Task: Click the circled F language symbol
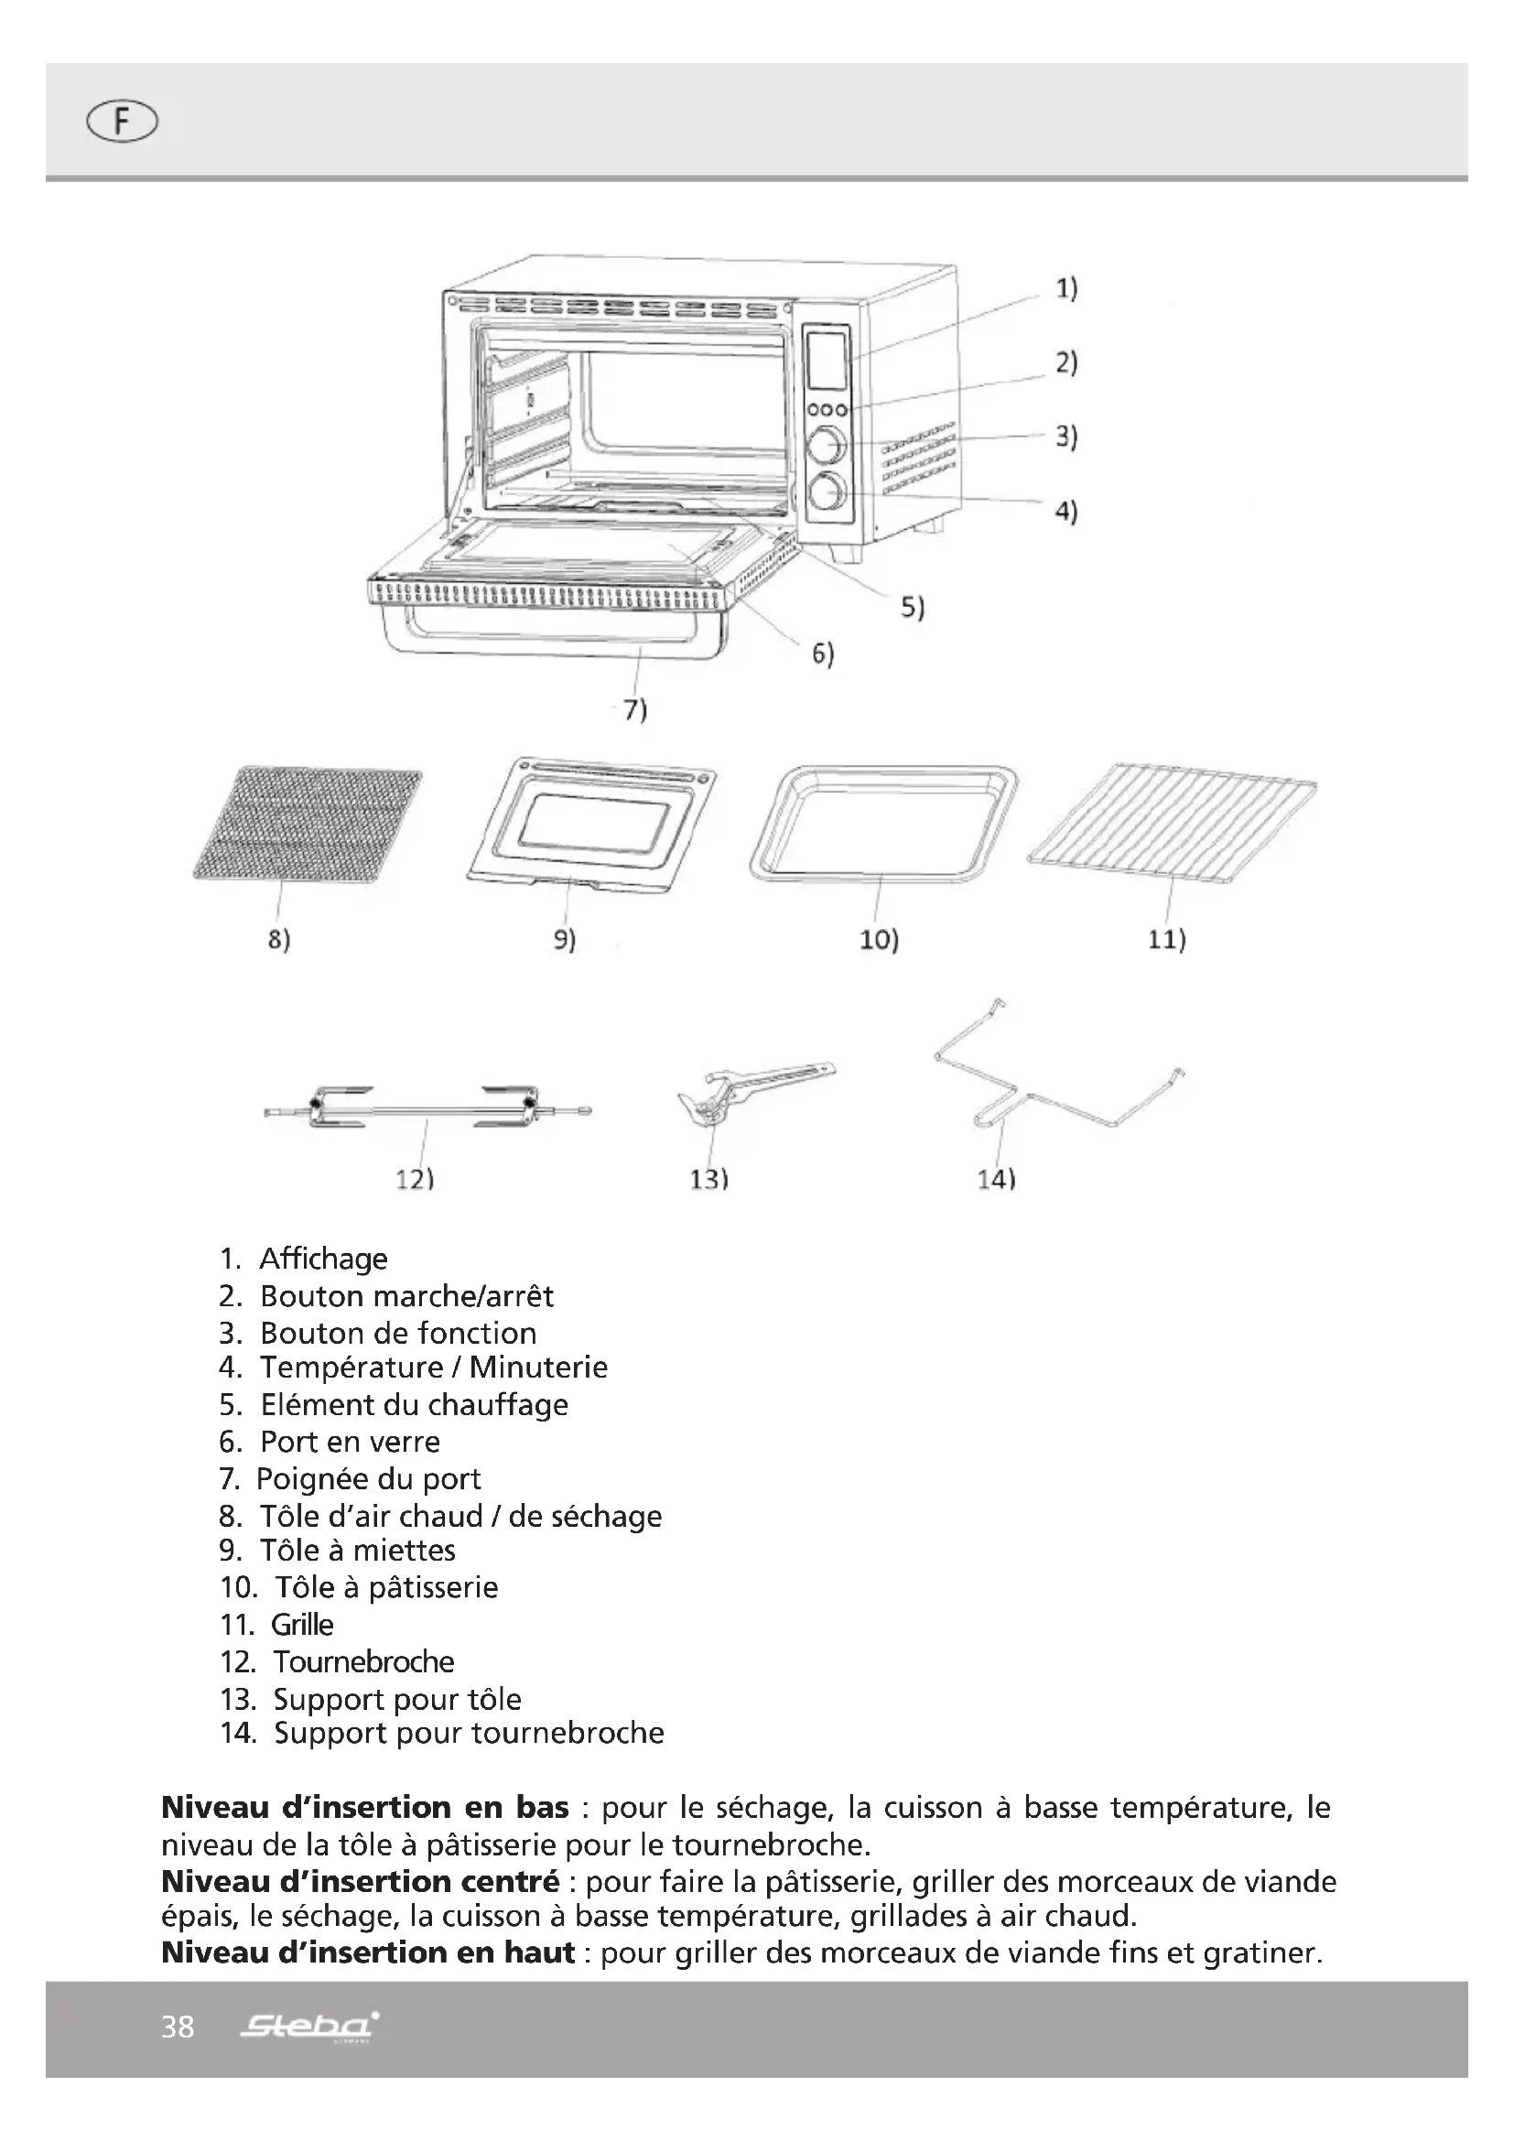tap(122, 122)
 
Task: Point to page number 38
tap(178, 2027)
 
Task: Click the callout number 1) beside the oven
tap(1065, 289)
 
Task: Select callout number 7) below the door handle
tap(636, 710)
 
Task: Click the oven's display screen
tap(827, 361)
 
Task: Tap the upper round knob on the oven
tap(826, 446)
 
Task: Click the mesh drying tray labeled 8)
tap(308, 823)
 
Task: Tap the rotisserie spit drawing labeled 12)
tap(427, 1108)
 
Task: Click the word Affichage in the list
tap(322, 1259)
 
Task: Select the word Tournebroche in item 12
tap(363, 1661)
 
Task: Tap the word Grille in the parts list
tap(302, 1625)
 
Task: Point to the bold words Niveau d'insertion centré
tap(360, 1882)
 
